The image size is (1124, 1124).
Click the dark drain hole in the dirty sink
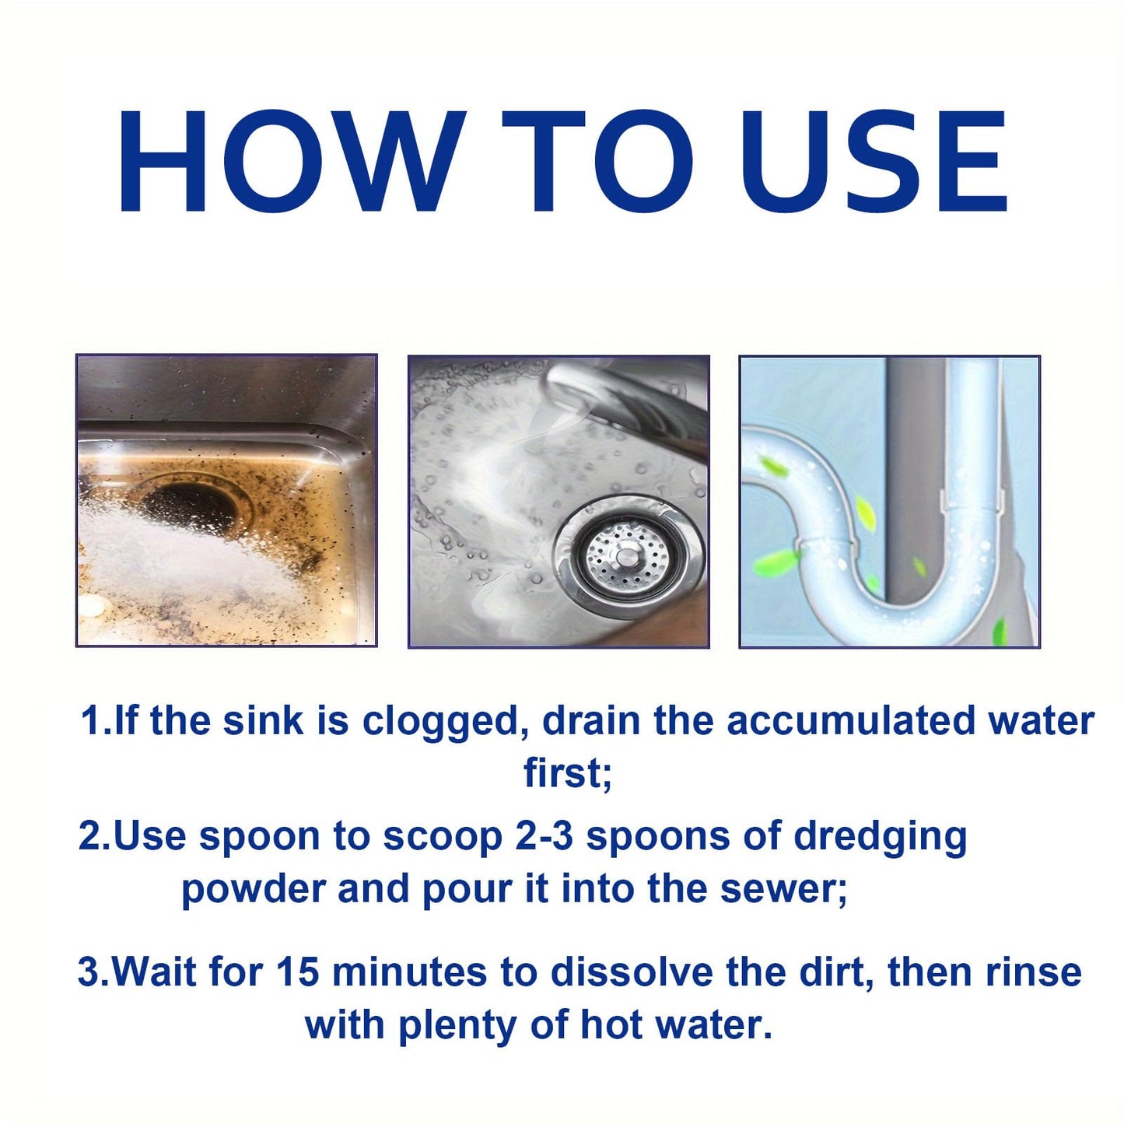(x=191, y=506)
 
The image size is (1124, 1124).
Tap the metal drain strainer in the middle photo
(x=627, y=554)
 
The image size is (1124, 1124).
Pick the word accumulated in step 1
(x=850, y=721)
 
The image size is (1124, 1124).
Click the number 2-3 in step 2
(x=544, y=837)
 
